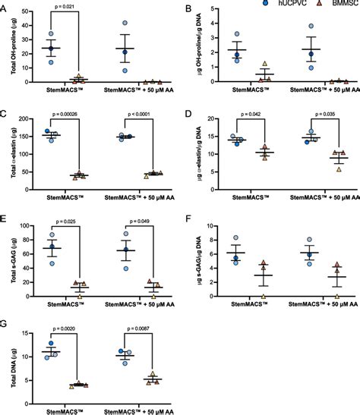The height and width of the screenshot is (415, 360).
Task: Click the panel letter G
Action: pyautogui.click(x=5, y=324)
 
